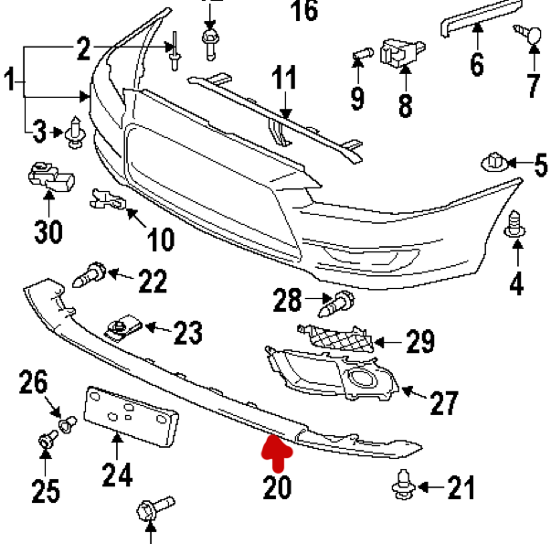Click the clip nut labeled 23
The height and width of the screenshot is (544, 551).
pos(119,327)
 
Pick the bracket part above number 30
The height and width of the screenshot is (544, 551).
pos(44,176)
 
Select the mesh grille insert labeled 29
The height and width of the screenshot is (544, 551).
pos(336,340)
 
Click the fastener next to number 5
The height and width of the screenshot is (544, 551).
pos(494,165)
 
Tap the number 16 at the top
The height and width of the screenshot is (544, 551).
pos(303,11)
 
